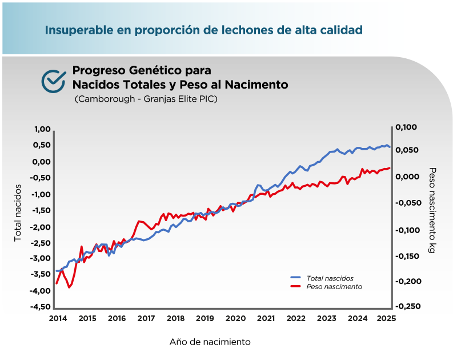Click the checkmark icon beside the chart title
[53, 81]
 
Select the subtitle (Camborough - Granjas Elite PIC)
[146, 99]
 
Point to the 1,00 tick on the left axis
[42, 129]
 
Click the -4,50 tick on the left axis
[41, 307]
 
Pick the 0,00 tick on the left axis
[42, 162]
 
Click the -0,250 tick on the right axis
[407, 306]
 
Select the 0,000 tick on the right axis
[407, 176]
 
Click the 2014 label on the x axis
[57, 318]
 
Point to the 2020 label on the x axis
[235, 318]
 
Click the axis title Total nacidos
[18, 212]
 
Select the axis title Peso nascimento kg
[432, 211]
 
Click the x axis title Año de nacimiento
[210, 342]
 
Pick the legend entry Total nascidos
[329, 278]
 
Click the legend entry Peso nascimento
[334, 286]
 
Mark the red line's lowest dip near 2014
[69, 287]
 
